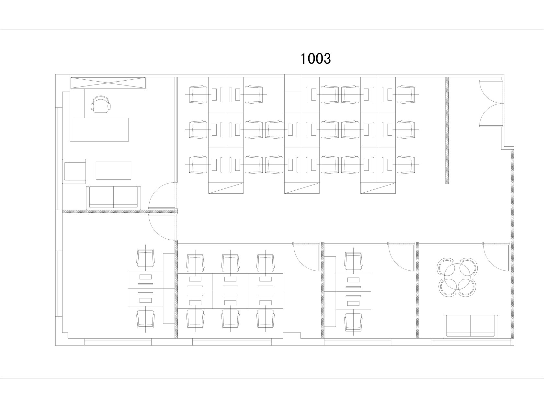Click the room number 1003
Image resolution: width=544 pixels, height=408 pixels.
[315, 59]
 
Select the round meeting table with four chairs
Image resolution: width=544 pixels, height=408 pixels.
[457, 277]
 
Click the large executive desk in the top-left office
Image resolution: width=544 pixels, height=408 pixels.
[101, 130]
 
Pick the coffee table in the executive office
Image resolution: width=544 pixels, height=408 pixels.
[114, 170]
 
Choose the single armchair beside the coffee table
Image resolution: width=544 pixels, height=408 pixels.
[74, 171]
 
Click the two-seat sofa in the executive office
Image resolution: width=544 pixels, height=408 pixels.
[114, 198]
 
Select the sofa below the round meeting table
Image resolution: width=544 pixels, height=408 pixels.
[470, 326]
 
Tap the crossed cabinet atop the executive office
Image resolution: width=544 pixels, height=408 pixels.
[108, 83]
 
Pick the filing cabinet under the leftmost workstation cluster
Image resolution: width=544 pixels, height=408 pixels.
[226, 188]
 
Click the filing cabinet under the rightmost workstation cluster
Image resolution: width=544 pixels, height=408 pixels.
[378, 188]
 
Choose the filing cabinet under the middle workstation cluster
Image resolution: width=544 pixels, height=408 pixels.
[302, 188]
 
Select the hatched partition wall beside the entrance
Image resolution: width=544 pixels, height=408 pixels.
[447, 130]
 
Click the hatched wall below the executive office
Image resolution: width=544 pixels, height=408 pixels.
[120, 211]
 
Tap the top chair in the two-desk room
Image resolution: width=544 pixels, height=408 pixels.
[353, 261]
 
